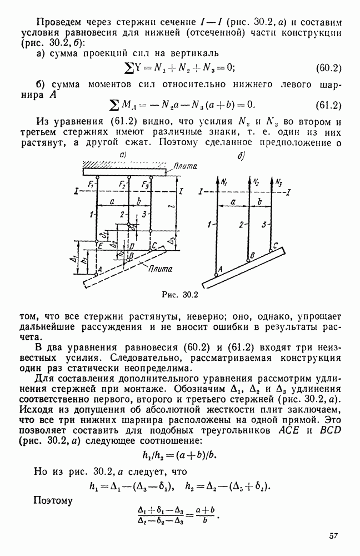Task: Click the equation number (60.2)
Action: click(328, 68)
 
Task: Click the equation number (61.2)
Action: click(328, 105)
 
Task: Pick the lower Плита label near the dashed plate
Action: click(160, 269)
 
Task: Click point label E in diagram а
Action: click(100, 245)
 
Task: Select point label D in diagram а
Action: click(131, 245)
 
